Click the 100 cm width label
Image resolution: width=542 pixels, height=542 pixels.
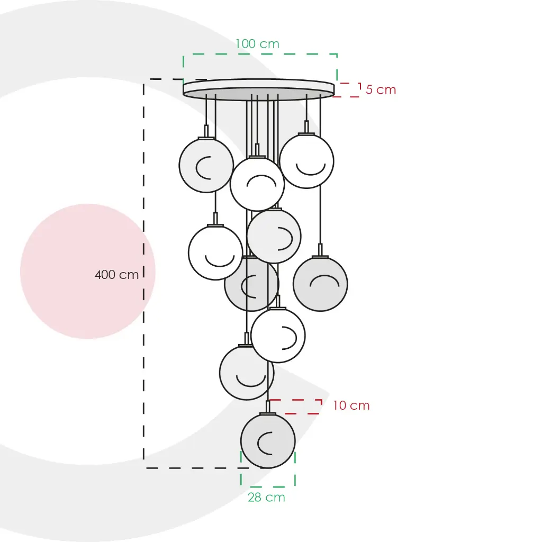258,44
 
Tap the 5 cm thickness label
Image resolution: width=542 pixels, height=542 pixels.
381,89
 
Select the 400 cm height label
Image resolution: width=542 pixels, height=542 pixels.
116,275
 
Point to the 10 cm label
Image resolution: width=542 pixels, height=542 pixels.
351,405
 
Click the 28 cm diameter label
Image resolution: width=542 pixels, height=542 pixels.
267,497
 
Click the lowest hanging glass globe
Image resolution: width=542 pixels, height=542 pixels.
268,441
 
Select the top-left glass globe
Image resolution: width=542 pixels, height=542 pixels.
206,165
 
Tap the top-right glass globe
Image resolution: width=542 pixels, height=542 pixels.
306,161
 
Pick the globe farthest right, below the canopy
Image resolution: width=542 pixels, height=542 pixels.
320,284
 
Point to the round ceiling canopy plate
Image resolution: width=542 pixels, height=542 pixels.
258,89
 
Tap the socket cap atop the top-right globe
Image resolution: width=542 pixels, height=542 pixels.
306,128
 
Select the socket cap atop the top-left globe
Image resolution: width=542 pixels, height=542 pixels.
206,132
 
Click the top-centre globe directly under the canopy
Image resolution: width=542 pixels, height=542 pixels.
257,184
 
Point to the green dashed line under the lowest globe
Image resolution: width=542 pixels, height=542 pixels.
268,487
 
